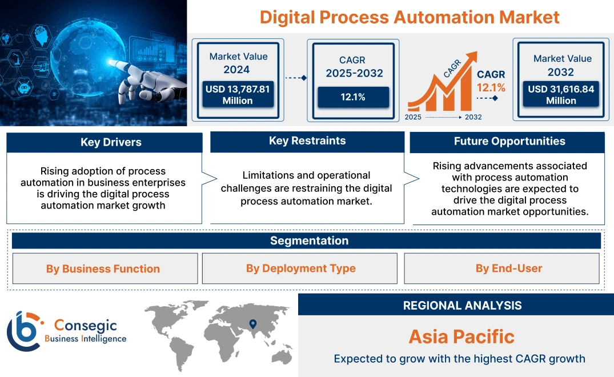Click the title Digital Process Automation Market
click(x=410, y=17)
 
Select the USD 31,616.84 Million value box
click(x=561, y=94)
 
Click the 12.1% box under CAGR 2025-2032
click(x=353, y=97)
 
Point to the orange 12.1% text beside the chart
click(x=491, y=87)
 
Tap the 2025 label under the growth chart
click(x=414, y=117)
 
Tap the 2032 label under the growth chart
click(x=473, y=117)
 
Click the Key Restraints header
click(x=307, y=141)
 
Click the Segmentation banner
click(x=309, y=240)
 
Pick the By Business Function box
click(x=103, y=268)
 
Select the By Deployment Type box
click(x=300, y=268)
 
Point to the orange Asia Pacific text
click(x=461, y=336)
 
